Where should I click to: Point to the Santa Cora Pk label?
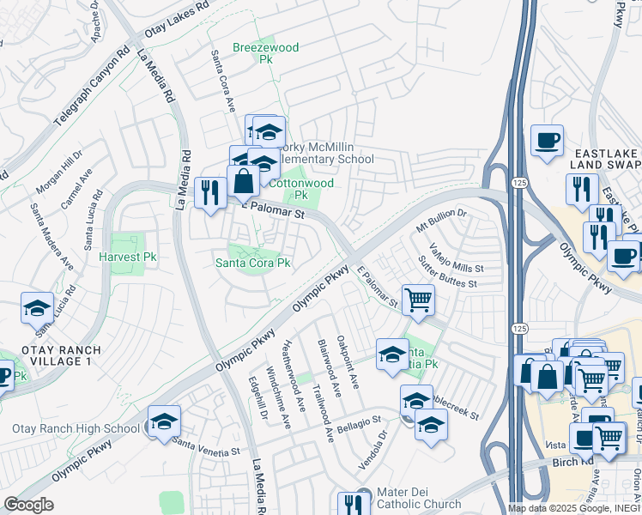[253, 263]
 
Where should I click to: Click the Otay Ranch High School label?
[76, 428]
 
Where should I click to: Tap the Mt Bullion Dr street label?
[440, 221]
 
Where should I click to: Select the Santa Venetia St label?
[206, 447]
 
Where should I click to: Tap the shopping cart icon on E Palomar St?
[418, 300]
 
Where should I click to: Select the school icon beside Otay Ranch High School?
[164, 421]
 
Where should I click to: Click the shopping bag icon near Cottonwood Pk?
[244, 180]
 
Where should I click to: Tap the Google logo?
[27, 505]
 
